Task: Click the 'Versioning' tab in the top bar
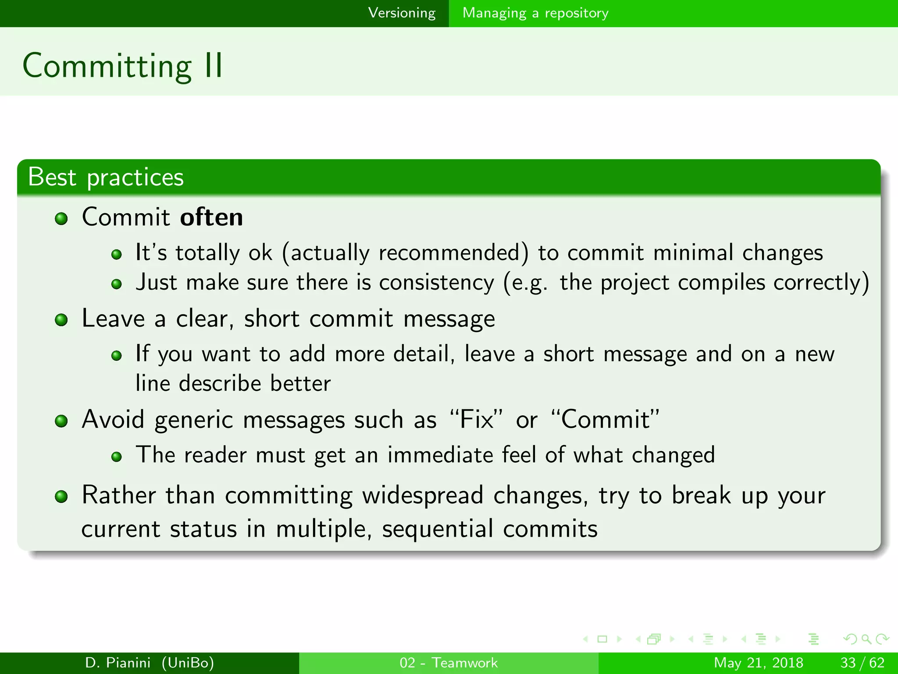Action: click(x=402, y=13)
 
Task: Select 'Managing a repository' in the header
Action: click(x=535, y=13)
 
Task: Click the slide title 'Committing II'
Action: click(x=123, y=66)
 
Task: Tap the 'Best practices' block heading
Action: click(x=106, y=177)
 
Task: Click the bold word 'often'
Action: click(x=211, y=217)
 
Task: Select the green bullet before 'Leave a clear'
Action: click(x=61, y=320)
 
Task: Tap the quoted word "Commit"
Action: click(x=605, y=419)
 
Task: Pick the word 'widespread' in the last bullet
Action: click(x=422, y=495)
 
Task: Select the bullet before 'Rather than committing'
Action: click(x=61, y=497)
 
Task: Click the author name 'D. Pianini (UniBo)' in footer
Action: click(x=150, y=663)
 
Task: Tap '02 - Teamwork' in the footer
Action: click(x=449, y=663)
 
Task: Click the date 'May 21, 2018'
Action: click(x=758, y=663)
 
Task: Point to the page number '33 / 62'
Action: click(x=862, y=663)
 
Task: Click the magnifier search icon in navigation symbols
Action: click(x=866, y=639)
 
